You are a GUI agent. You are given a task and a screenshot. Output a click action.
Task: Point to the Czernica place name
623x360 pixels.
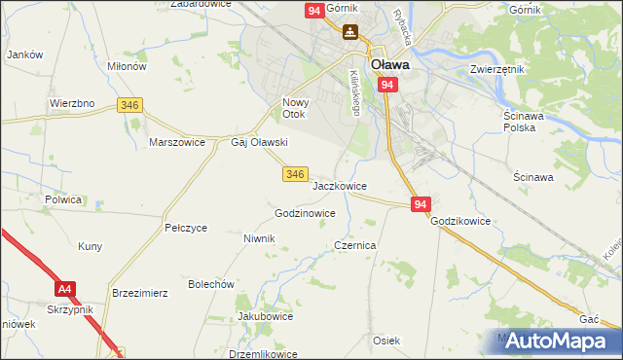click(x=354, y=246)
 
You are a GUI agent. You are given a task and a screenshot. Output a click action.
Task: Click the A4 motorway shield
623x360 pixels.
click(x=65, y=289)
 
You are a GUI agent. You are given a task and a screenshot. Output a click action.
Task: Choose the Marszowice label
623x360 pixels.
click(x=176, y=141)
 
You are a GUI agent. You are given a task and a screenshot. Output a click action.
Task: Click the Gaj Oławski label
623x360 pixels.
click(x=258, y=142)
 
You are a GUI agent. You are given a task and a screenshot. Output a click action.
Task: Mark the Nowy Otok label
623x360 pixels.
click(x=294, y=108)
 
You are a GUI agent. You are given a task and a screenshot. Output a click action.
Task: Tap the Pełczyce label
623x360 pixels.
click(x=186, y=228)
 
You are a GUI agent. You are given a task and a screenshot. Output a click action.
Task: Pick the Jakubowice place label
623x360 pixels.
click(x=266, y=316)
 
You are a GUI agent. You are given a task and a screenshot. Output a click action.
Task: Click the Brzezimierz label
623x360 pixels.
click(x=141, y=292)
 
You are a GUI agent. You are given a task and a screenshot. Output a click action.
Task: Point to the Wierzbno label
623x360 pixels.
click(x=71, y=102)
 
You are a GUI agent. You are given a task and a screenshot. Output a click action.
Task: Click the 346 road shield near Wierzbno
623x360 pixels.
click(x=128, y=104)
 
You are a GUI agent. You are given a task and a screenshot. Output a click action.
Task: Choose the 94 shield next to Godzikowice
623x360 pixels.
click(x=421, y=204)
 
